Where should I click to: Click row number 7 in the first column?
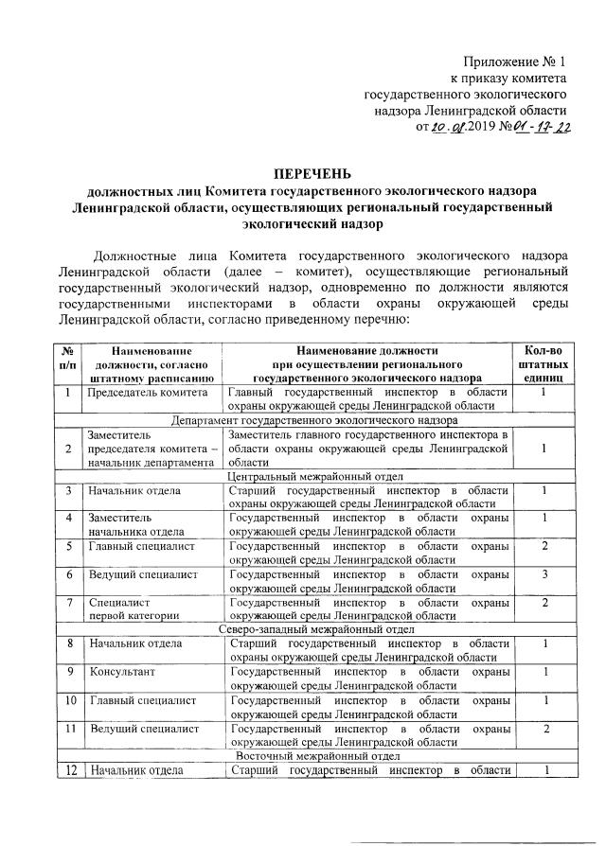[x=69, y=603]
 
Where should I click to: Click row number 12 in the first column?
[x=69, y=771]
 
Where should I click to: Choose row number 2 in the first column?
[x=69, y=448]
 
